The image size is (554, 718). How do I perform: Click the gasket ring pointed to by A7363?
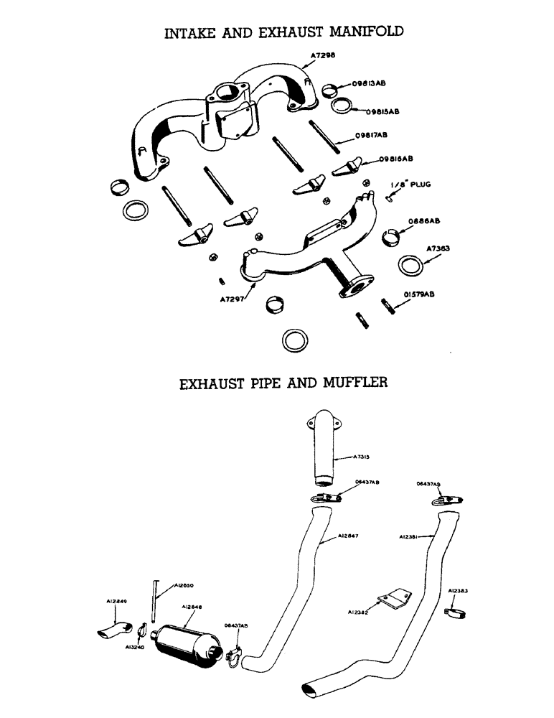410,266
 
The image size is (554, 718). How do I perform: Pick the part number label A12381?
410,536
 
